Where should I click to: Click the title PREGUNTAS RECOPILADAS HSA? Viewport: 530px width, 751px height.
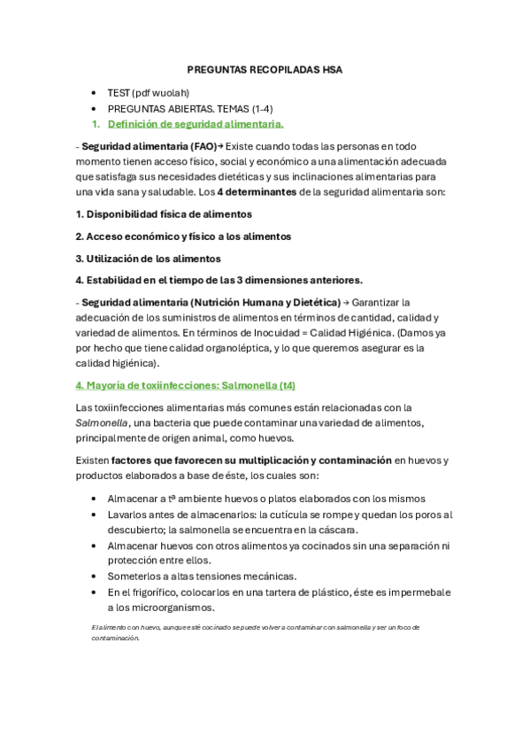point(265,69)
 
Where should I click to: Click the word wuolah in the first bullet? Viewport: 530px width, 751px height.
point(172,92)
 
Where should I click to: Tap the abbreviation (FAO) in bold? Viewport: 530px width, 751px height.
point(202,146)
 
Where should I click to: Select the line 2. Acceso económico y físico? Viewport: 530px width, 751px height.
point(183,236)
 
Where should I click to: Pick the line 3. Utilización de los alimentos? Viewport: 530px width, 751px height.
point(148,259)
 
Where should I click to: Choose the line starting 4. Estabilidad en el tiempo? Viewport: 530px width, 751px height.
point(219,281)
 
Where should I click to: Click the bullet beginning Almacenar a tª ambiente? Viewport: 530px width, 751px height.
point(265,499)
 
